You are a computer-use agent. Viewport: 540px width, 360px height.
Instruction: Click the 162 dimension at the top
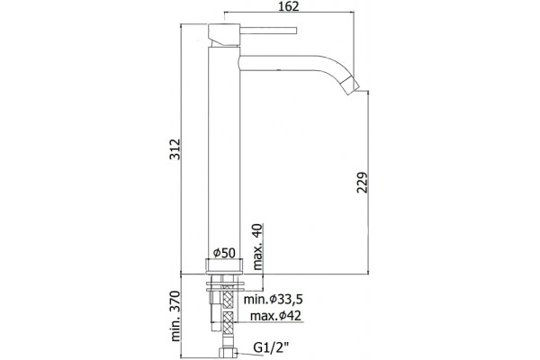tap(289, 6)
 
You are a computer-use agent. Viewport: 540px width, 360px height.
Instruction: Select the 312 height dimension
tap(175, 149)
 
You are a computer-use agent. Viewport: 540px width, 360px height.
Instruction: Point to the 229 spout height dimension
tap(362, 182)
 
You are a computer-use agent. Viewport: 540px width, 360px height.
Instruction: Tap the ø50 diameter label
tap(224, 253)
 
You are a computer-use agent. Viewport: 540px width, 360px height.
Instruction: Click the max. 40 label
tap(257, 247)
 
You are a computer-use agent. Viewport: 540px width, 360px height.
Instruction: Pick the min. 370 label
tap(175, 316)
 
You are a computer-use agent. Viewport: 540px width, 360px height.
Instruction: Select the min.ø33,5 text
tap(274, 300)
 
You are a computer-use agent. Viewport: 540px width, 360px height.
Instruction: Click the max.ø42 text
tap(276, 316)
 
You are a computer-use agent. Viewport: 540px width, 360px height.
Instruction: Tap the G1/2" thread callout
tap(271, 347)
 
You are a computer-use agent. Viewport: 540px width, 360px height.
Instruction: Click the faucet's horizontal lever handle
tap(268, 31)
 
